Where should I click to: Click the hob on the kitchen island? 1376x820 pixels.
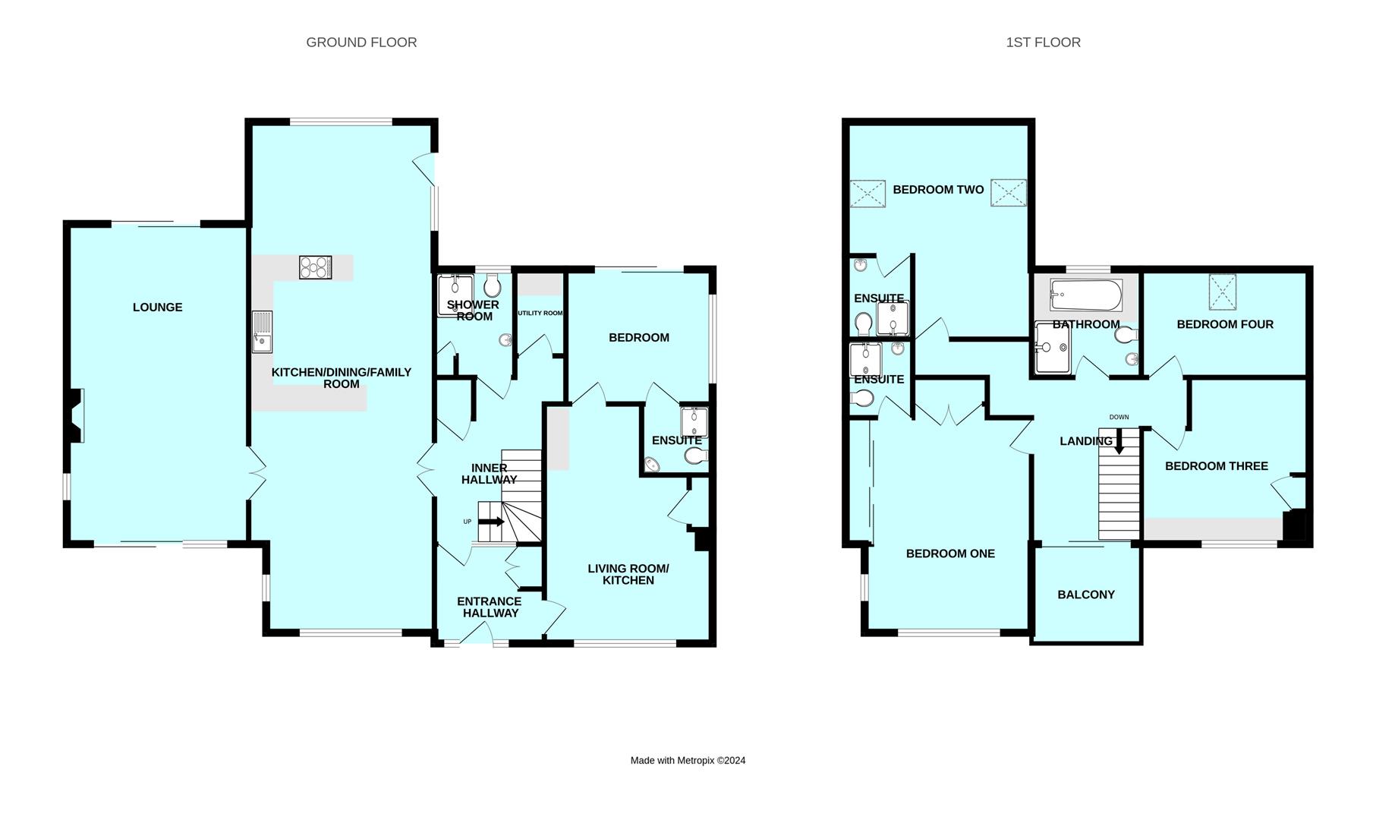[316, 267]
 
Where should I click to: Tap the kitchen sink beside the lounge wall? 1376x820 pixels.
[262, 332]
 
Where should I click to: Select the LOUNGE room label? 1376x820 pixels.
[157, 307]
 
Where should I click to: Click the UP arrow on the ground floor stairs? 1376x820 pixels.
[491, 522]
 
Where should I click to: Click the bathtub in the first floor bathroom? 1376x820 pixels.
[1085, 295]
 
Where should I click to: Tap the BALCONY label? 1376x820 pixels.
[1085, 594]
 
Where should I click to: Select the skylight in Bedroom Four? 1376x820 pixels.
[1222, 292]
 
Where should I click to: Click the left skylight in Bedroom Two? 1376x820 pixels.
[867, 193]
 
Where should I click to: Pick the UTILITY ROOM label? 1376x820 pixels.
[540, 313]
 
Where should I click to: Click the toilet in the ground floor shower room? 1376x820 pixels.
[492, 286]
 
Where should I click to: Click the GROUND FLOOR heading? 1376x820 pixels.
[361, 43]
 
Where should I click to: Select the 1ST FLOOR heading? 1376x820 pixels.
[1043, 43]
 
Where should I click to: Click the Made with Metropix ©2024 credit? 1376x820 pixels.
[688, 760]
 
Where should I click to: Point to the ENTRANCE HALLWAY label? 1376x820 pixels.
[490, 607]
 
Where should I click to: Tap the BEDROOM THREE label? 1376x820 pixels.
[1216, 466]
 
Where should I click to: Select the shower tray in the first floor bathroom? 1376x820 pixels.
[1053, 348]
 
